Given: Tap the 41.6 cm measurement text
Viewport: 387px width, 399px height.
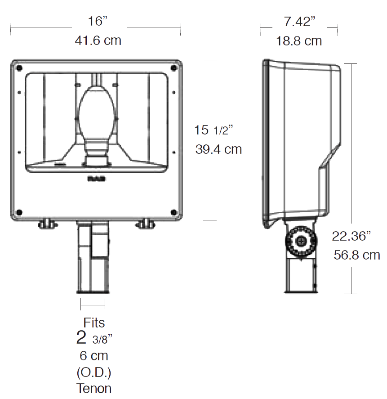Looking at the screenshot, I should pyautogui.click(x=98, y=40).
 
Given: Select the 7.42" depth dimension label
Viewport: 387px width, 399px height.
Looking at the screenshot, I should pyautogui.click(x=299, y=21).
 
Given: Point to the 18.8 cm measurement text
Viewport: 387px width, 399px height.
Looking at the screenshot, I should pyautogui.click(x=299, y=41).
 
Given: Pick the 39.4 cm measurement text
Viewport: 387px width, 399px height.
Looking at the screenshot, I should pyautogui.click(x=218, y=149).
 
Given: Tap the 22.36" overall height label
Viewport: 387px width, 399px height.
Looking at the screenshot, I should pyautogui.click(x=352, y=236).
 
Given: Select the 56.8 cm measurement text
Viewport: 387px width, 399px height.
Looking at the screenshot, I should pyautogui.click(x=357, y=255).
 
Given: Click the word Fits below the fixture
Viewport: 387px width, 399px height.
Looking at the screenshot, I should pyautogui.click(x=94, y=323).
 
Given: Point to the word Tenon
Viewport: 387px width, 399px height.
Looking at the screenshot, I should pyautogui.click(x=94, y=388).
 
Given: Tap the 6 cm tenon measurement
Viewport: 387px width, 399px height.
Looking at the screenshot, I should pyautogui.click(x=94, y=355).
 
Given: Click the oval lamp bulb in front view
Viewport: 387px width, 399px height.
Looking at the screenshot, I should pyautogui.click(x=96, y=112).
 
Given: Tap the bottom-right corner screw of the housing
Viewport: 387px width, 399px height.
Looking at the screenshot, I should pyautogui.click(x=173, y=212).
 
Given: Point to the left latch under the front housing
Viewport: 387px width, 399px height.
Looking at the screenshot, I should pyautogui.click(x=46, y=224).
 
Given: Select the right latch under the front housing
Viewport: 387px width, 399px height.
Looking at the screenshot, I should pyautogui.click(x=146, y=224).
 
